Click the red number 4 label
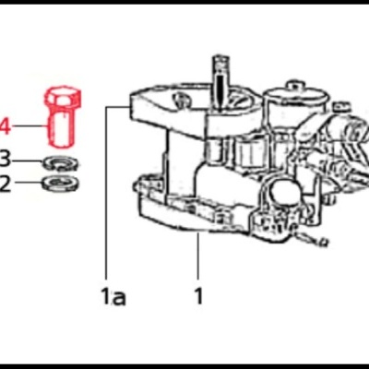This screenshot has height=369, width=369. [5, 126]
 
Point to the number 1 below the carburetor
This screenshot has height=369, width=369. [199, 296]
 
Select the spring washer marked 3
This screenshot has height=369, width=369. [61, 163]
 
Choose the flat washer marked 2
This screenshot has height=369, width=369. [61, 183]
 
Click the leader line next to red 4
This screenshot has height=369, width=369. [28, 126]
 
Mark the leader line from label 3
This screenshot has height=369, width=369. [27, 159]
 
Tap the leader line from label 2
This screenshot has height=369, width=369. [27, 183]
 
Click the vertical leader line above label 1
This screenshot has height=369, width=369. [199, 258]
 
